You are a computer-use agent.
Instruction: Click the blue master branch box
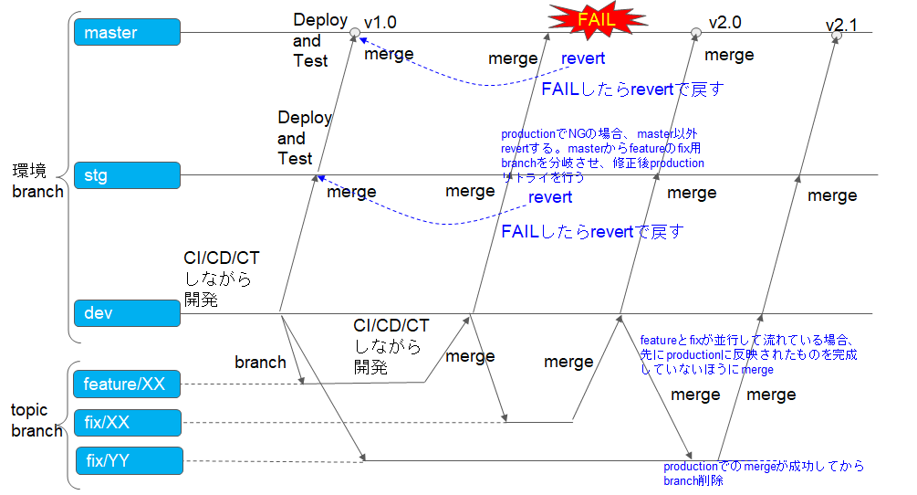128,33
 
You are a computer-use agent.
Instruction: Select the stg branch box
128,174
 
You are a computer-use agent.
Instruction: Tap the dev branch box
128,313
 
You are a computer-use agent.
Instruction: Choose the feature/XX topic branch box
128,384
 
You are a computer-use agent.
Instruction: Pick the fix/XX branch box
128,423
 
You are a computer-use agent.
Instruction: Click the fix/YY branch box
128,461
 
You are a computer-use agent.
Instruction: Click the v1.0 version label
380,21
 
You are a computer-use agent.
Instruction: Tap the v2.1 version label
841,26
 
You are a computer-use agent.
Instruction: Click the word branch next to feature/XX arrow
260,363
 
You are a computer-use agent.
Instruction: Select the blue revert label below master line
583,58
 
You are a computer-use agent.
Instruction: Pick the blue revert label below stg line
550,197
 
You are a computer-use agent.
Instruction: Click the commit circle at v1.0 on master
355,33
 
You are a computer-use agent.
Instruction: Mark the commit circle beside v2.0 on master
695,33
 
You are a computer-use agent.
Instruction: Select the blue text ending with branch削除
763,473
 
